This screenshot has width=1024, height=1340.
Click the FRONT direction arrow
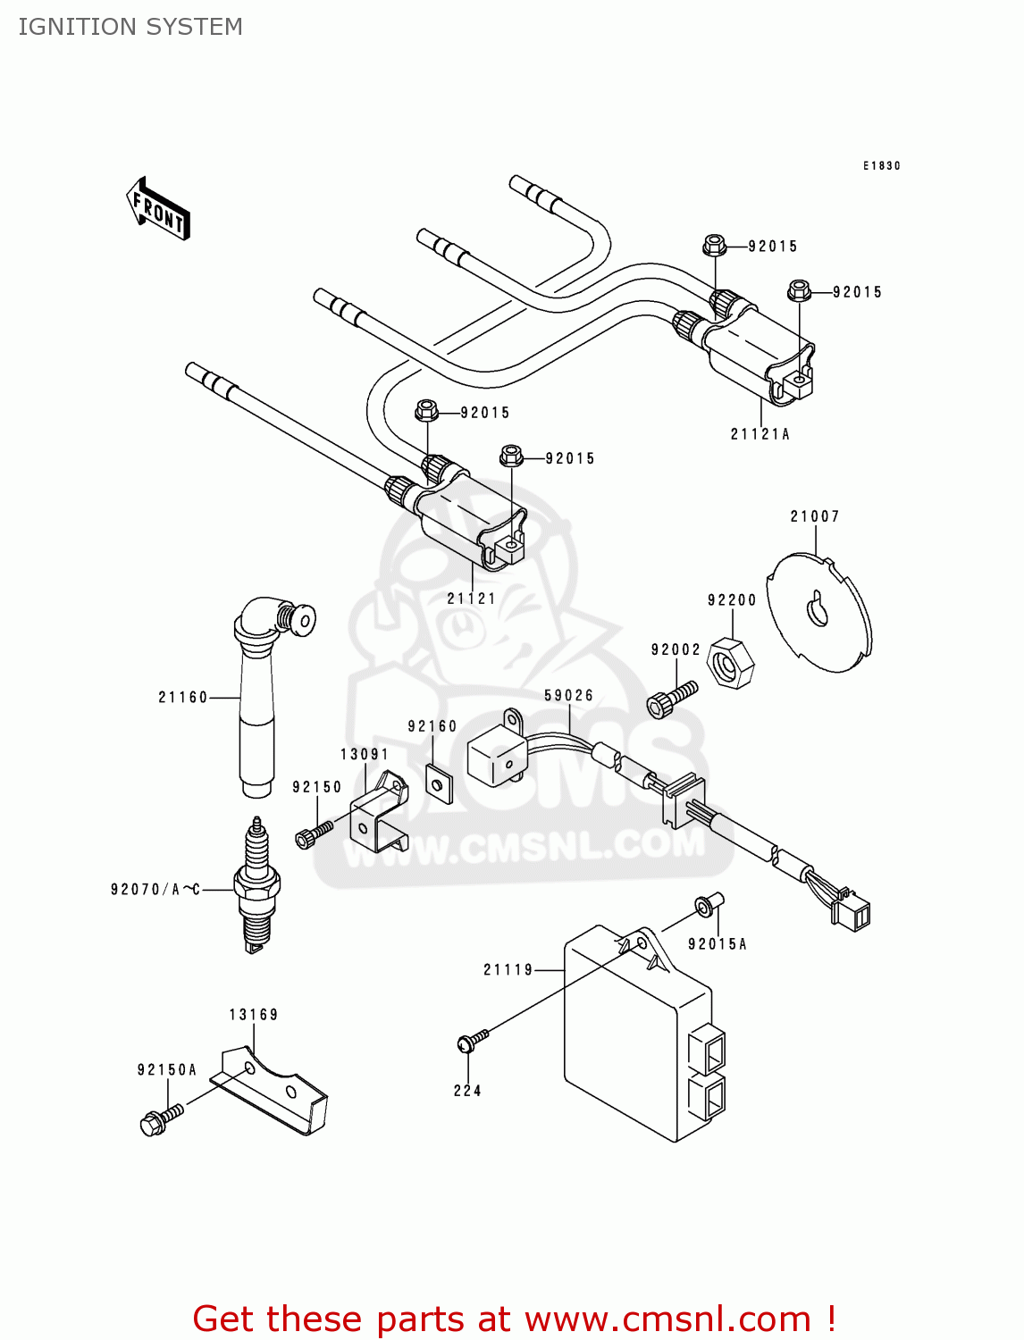[158, 209]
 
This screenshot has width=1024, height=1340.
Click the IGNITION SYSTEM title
[130, 27]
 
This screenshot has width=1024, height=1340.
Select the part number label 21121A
[760, 434]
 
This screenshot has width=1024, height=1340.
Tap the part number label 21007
[814, 516]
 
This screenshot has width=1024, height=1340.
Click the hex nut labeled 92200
[730, 664]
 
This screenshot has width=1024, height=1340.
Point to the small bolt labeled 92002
[670, 699]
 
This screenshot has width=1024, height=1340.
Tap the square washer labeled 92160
[438, 783]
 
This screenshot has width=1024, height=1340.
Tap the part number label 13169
[253, 1015]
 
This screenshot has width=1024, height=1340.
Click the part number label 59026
[568, 696]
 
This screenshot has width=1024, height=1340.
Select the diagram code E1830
[881, 166]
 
